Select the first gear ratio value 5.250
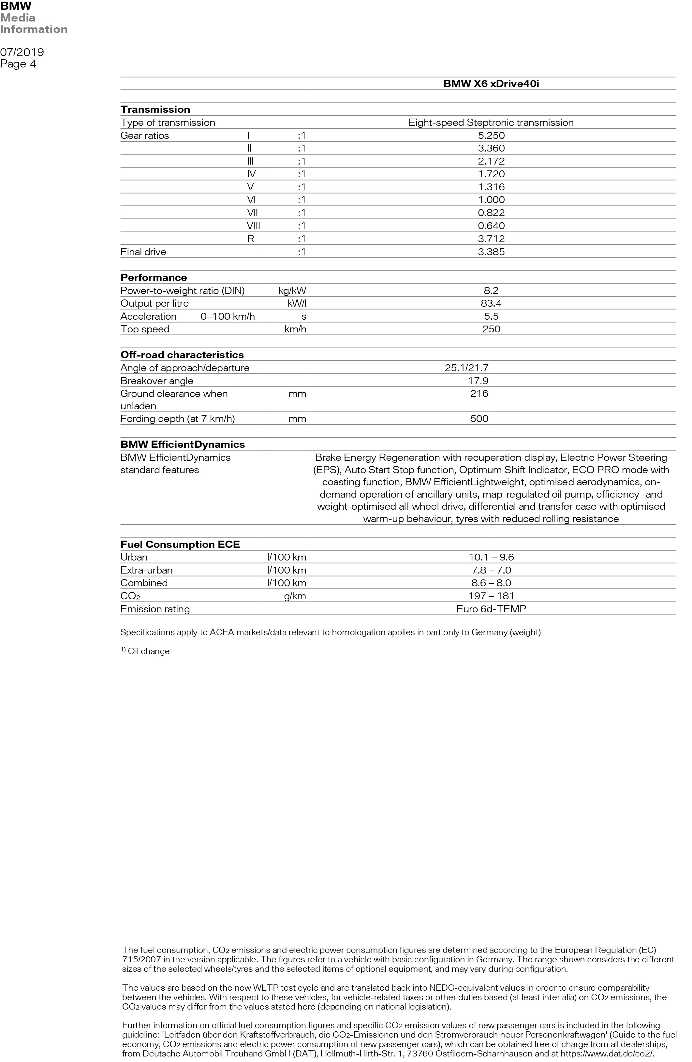click(491, 135)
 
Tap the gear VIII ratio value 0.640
click(491, 226)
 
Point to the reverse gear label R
click(250, 239)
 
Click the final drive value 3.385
click(491, 252)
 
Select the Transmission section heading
click(155, 109)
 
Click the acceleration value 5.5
click(491, 316)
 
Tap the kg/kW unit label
click(292, 290)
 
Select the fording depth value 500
click(479, 418)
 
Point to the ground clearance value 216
click(479, 394)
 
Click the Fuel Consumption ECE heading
click(180, 545)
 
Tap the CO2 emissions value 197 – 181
click(491, 596)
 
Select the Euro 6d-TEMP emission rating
click(491, 609)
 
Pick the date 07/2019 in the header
click(22, 52)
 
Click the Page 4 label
click(18, 64)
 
